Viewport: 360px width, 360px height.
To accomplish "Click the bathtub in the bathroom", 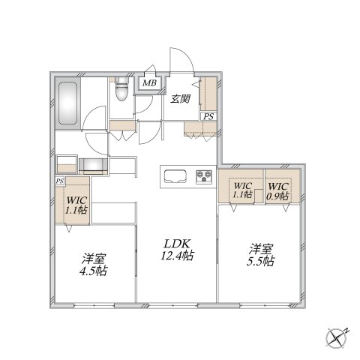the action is pyautogui.click(x=67, y=103).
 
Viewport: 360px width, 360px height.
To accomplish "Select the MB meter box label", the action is pyautogui.click(x=149, y=83).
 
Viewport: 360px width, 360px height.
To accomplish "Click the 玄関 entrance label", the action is pyautogui.click(x=181, y=99).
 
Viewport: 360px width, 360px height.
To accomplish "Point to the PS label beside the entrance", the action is pyautogui.click(x=208, y=116).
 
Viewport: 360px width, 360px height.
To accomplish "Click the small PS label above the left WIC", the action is pyautogui.click(x=60, y=181).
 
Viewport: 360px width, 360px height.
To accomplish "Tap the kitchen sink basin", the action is pyautogui.click(x=175, y=177).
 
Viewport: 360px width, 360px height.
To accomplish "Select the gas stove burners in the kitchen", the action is pyautogui.click(x=204, y=177).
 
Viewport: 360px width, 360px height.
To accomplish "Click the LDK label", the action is pyautogui.click(x=177, y=244).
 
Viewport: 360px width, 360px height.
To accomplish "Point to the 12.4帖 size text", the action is pyautogui.click(x=177, y=256).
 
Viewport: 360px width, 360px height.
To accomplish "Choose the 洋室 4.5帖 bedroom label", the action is pyautogui.click(x=94, y=265).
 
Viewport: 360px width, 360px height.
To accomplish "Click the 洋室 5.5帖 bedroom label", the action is pyautogui.click(x=260, y=255).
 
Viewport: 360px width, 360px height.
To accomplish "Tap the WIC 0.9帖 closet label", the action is pyautogui.click(x=278, y=191).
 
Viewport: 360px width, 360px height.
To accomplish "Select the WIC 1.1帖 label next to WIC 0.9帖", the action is pyautogui.click(x=242, y=190).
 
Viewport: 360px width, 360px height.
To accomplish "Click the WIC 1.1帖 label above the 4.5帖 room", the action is pyautogui.click(x=76, y=205).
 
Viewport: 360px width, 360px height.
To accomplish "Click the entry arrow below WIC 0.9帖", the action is pyautogui.click(x=286, y=208).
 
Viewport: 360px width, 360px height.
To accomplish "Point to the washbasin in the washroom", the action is pyautogui.click(x=93, y=165).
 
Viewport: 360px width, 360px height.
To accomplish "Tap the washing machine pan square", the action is pyautogui.click(x=67, y=164).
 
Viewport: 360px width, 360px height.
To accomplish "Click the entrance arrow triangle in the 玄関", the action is pyautogui.click(x=196, y=84).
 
